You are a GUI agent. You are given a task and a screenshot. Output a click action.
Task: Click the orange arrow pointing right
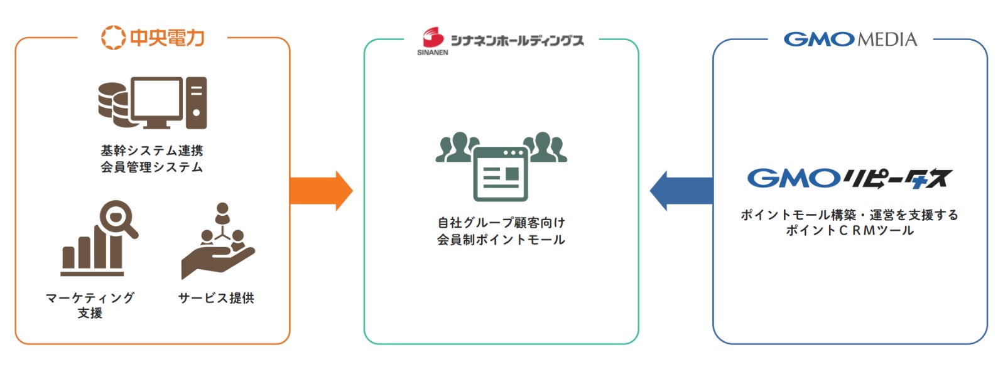320,191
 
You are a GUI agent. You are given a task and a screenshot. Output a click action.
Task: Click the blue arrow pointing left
681,191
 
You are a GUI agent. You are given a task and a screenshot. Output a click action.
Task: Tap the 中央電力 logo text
167,38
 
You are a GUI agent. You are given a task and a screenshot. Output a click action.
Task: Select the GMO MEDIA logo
850,40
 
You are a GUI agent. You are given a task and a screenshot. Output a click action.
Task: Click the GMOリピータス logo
849,179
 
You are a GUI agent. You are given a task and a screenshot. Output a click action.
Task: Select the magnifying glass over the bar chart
118,218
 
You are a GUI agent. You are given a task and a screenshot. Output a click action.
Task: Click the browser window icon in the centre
501,173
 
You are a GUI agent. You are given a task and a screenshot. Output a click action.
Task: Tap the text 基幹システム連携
152,151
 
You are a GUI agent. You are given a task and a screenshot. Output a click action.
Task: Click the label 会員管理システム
152,167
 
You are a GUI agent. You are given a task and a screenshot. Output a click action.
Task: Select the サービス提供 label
216,298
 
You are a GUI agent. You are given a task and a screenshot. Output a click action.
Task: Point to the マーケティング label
90,298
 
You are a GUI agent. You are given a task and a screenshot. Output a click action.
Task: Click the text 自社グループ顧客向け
501,223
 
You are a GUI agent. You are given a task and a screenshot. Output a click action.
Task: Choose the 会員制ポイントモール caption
501,240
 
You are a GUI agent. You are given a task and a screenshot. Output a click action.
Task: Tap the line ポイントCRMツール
849,231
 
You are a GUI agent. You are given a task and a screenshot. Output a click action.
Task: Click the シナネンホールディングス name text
518,41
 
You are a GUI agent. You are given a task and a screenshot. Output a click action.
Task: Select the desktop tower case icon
197,103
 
